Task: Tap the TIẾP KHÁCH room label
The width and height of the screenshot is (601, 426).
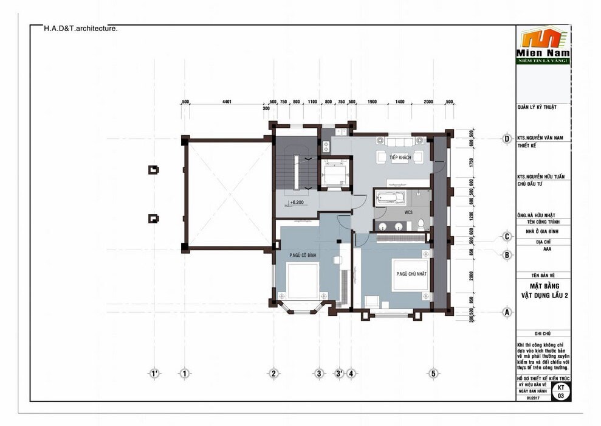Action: [x=401, y=158]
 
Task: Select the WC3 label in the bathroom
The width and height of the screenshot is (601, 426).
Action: [x=408, y=212]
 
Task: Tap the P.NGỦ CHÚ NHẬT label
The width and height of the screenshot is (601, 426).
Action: [x=411, y=274]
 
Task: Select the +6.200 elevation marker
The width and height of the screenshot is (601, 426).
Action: [x=296, y=202]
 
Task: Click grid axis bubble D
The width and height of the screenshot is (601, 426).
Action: [x=506, y=138]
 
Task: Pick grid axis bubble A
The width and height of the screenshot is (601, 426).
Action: [x=506, y=312]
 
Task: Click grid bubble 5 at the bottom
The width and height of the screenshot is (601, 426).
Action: [x=433, y=374]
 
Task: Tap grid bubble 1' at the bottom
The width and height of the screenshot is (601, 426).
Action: [x=154, y=374]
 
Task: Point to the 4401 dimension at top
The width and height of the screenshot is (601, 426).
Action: [x=227, y=102]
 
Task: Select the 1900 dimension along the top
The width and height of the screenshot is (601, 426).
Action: [x=372, y=102]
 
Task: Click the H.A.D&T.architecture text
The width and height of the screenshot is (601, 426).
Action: [x=81, y=28]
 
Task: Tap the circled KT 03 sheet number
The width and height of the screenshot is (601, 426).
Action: [x=560, y=391]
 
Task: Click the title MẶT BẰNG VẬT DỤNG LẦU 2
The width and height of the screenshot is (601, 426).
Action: [x=543, y=290]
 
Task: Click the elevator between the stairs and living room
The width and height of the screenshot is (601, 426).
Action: [x=333, y=173]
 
